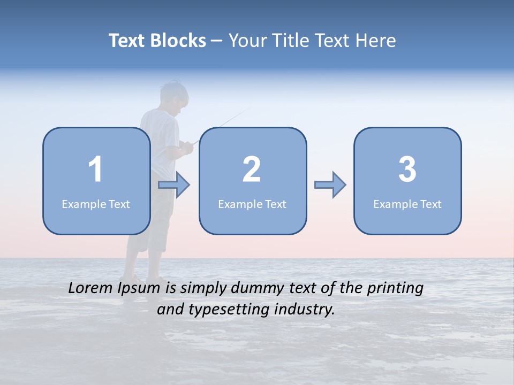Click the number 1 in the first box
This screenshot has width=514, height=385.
click(96, 170)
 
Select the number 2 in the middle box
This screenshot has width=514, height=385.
click(252, 170)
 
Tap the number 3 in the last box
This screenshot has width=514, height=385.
click(407, 170)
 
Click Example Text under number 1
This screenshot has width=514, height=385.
click(96, 204)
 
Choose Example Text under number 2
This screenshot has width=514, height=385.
click(252, 204)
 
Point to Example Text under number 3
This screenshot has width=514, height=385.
click(407, 204)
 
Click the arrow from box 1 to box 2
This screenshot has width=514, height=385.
click(174, 185)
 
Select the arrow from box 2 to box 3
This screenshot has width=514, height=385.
click(330, 185)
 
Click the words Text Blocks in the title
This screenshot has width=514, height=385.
click(157, 41)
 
